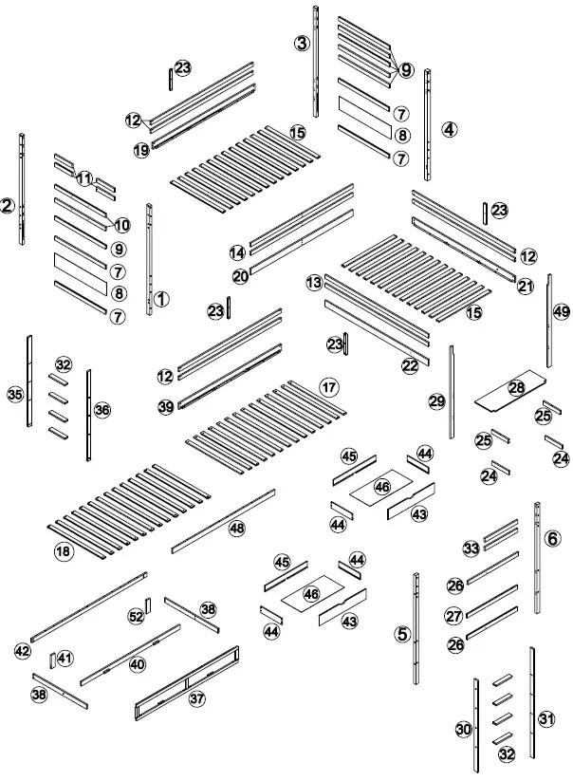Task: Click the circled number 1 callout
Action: (x=161, y=299)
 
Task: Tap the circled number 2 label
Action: (x=8, y=205)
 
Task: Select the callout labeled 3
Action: (x=302, y=44)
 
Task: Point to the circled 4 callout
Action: (x=449, y=129)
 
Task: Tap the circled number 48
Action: (x=235, y=528)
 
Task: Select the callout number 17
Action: (x=328, y=387)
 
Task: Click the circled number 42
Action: (x=23, y=650)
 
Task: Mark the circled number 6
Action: (x=553, y=538)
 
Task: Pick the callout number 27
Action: (x=454, y=616)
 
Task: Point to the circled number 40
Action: (x=138, y=664)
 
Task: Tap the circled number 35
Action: (x=14, y=394)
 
